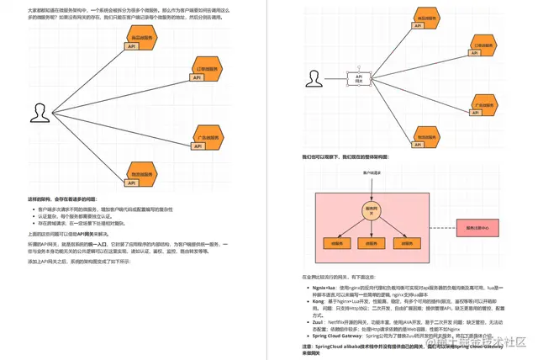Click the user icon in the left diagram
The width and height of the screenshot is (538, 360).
coord(40,112)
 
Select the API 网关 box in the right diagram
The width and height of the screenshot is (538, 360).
coord(359,79)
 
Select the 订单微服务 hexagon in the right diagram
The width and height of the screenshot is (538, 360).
coord(483,46)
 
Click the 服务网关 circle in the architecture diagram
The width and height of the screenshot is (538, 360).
coord(367,210)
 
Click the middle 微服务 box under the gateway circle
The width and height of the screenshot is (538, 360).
coord(367,242)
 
